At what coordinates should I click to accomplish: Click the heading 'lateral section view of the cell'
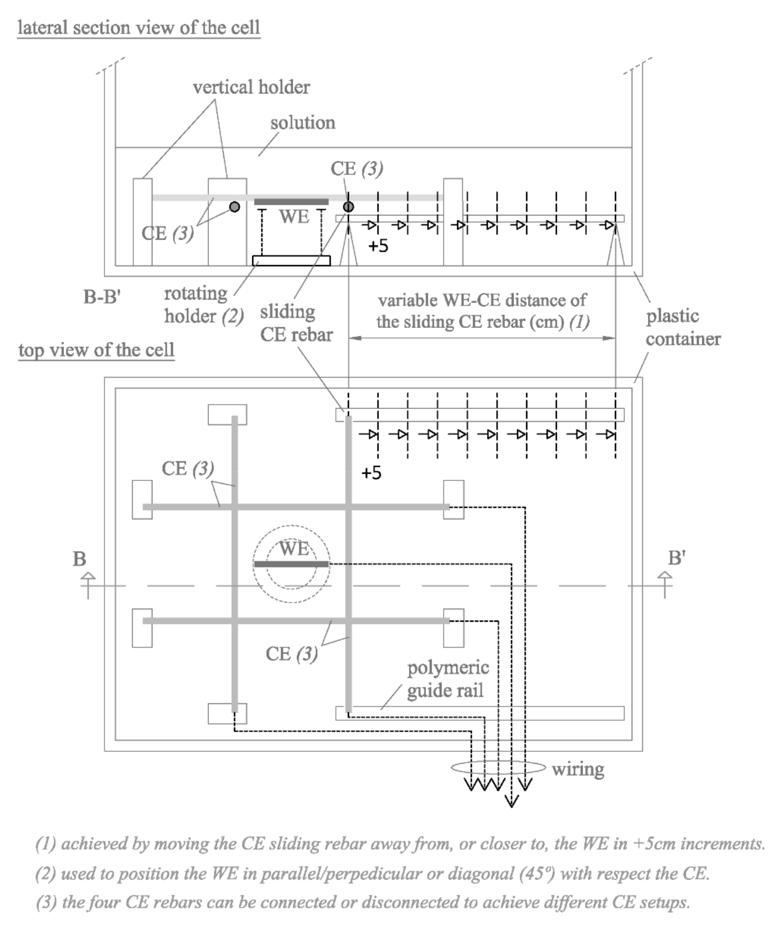pos(138,28)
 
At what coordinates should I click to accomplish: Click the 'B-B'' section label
pos(102,297)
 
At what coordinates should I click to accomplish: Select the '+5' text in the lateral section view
pos(378,246)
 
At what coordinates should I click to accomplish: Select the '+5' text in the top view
pos(371,473)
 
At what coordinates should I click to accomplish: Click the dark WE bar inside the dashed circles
pos(291,564)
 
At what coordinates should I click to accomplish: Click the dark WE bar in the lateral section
pos(291,202)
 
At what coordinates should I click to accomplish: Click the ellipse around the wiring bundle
pos(498,767)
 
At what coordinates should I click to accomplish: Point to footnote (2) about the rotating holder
pos(372,874)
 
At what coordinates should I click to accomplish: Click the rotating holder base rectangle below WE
pos(291,261)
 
